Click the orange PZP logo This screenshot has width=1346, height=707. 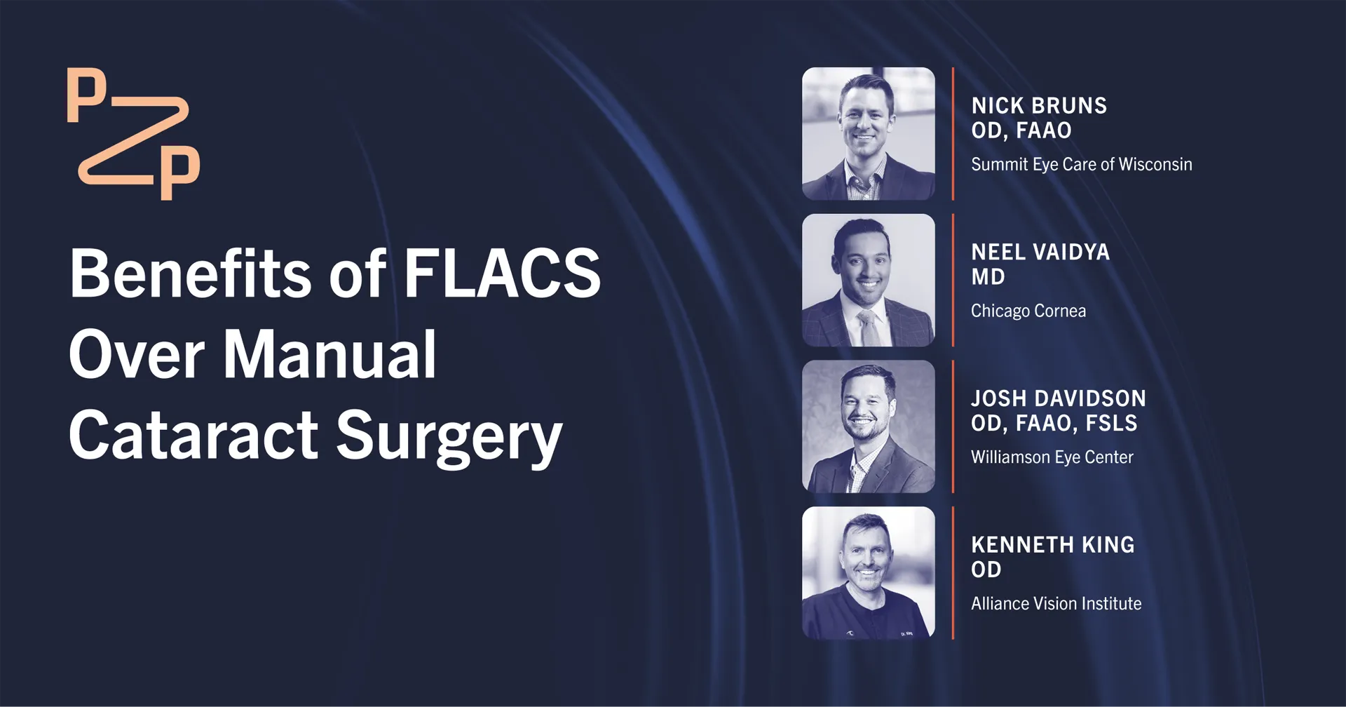click(133, 133)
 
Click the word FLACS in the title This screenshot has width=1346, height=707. click(502, 274)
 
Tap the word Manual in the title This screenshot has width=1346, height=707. click(329, 354)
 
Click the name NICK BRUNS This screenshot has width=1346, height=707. click(1039, 106)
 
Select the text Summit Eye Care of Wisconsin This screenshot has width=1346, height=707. click(1081, 165)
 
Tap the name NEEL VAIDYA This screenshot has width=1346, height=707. click(1040, 252)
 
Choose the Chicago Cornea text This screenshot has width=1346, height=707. click(1028, 311)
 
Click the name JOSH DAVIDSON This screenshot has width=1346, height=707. click(1059, 398)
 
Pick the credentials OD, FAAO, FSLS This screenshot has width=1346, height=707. click(1054, 424)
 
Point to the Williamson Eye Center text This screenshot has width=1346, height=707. click(1052, 457)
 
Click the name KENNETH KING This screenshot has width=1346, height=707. click(1053, 545)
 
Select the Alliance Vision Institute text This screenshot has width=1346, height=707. click(1056, 604)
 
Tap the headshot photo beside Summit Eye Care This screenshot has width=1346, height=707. click(869, 134)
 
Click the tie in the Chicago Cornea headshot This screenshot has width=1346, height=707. click(868, 327)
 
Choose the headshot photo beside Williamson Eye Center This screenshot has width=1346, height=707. click(869, 426)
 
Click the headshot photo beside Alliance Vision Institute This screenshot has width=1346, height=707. click(869, 573)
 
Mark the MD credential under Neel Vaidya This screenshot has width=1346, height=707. click(988, 277)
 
